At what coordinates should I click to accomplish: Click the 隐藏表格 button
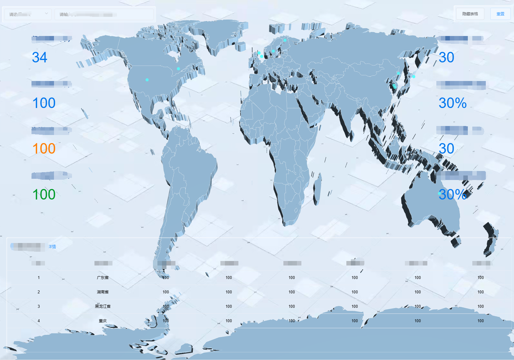click(x=470, y=14)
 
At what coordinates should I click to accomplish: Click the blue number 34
click(x=40, y=57)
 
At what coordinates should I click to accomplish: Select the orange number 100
click(x=44, y=148)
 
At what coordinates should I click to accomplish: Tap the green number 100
click(x=44, y=194)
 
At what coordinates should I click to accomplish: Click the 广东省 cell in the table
click(x=103, y=277)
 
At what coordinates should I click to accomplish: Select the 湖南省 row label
click(x=103, y=292)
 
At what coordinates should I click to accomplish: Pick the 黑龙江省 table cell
click(x=103, y=306)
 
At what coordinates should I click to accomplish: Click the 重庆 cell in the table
click(x=103, y=321)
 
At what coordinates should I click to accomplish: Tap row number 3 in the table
click(x=39, y=306)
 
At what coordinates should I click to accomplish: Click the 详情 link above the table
click(x=52, y=247)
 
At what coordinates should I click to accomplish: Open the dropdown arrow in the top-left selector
click(x=46, y=13)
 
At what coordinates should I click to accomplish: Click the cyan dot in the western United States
click(x=147, y=80)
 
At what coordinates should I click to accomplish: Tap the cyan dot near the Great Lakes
click(x=178, y=69)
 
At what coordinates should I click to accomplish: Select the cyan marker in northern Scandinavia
click(x=285, y=40)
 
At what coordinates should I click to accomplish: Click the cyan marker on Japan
click(x=414, y=76)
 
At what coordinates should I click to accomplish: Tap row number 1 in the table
click(x=39, y=277)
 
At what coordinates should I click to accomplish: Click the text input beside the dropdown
click(x=104, y=14)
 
